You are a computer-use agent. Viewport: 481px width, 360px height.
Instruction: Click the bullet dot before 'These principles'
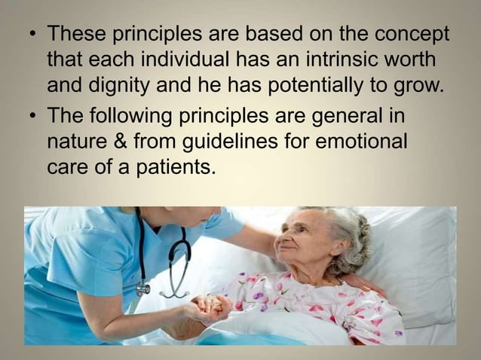click(29, 35)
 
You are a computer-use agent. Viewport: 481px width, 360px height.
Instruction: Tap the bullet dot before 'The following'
click(29, 117)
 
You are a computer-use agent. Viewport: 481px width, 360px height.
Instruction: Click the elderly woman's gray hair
click(348, 233)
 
